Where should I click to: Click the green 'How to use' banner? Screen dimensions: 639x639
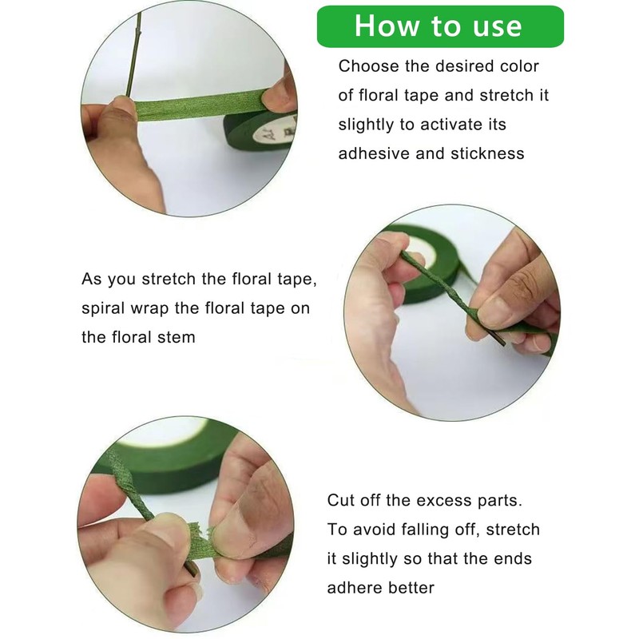click(440, 26)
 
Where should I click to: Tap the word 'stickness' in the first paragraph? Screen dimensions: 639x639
click(487, 153)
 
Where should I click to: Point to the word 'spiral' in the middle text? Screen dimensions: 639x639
click(103, 308)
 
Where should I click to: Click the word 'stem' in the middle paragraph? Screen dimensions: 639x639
click(177, 337)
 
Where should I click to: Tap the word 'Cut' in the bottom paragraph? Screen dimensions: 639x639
click(340, 500)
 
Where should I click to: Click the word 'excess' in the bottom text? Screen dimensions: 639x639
click(442, 501)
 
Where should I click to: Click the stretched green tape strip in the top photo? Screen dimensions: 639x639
click(200, 105)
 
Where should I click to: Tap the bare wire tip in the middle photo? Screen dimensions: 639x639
click(498, 340)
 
